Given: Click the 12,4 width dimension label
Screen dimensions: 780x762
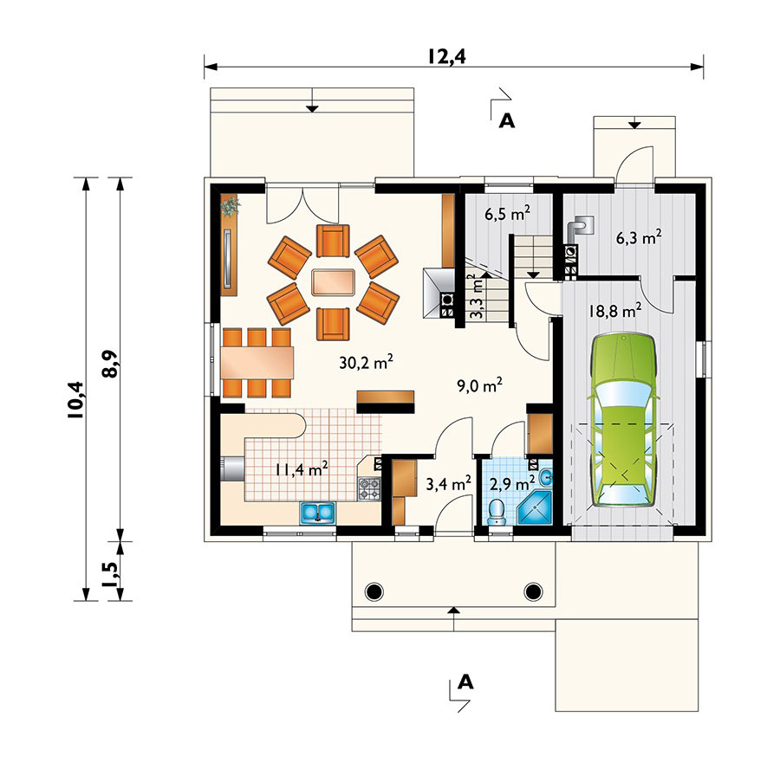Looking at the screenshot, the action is point(446,56).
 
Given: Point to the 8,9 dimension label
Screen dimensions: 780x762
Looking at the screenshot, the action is point(110,364).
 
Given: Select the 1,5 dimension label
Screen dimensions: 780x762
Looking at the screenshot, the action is point(110,574).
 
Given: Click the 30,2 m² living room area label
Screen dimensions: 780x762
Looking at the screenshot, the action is point(366,361).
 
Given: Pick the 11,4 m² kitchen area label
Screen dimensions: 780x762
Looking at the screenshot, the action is point(302,468).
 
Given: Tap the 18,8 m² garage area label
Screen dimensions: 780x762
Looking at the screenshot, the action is point(614,311).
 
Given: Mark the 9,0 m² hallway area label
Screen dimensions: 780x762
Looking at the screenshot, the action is point(479,385).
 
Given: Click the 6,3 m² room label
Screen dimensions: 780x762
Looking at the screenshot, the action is point(639,237).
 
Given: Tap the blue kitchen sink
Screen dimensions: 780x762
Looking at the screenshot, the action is point(317,513).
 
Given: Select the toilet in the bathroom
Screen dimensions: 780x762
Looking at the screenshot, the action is point(497,513).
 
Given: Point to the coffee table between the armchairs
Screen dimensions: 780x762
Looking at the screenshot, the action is point(334,283).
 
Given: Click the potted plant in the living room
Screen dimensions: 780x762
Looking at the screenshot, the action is point(231,205).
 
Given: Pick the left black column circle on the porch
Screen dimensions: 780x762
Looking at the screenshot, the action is point(374,591).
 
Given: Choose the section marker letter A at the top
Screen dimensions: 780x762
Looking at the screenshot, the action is point(506,120).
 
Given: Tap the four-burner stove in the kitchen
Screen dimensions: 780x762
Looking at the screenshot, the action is point(369,488).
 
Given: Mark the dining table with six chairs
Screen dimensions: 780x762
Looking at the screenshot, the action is point(257,363).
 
